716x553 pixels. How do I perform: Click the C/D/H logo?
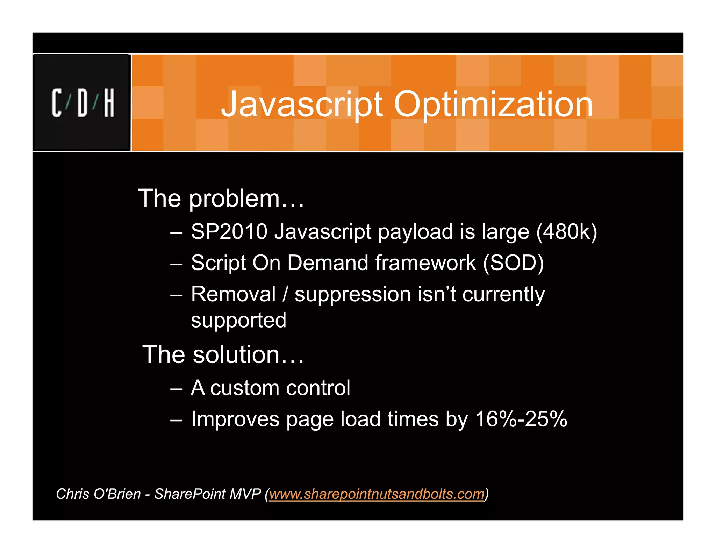point(83,103)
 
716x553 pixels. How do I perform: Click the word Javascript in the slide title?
point(302,104)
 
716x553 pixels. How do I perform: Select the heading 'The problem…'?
point(221,199)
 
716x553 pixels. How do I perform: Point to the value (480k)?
point(567,231)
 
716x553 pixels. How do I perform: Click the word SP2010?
point(229,231)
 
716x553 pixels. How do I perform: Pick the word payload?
point(415,232)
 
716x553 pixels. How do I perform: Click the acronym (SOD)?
point(513,263)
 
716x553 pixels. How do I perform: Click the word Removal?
point(234,294)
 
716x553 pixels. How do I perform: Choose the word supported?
point(238,321)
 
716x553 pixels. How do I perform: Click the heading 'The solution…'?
point(223,354)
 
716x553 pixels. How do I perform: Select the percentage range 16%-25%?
point(521,419)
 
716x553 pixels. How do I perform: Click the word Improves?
point(235,419)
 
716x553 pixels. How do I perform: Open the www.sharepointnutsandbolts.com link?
point(377,494)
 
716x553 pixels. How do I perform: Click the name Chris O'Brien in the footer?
point(98,494)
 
